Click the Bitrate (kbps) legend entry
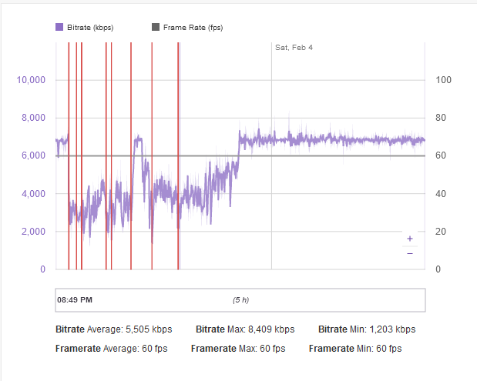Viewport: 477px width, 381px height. click(89, 27)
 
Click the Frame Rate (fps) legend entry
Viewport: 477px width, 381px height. click(192, 27)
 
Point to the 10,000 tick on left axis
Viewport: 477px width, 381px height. click(32, 80)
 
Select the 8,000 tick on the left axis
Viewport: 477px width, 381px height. click(34, 118)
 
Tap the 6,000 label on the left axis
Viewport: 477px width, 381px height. click(34, 155)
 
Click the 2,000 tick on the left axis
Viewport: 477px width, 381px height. click(34, 231)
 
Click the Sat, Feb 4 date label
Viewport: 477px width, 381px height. click(294, 48)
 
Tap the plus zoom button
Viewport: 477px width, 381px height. click(409, 239)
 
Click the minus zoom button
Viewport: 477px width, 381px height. click(409, 253)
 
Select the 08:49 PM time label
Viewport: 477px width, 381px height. click(75, 299)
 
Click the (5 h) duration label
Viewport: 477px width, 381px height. click(240, 299)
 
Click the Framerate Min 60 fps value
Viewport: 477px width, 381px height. click(388, 349)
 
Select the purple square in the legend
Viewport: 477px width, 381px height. click(59, 27)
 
